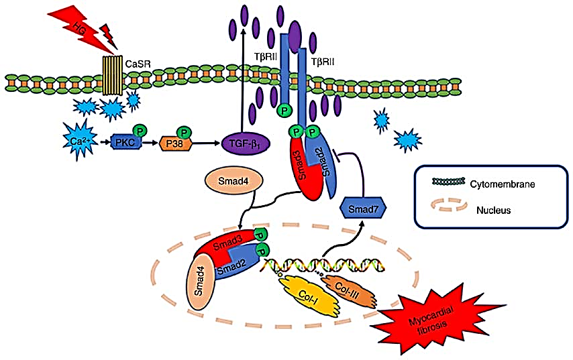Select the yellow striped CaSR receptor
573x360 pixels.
(111, 74)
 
